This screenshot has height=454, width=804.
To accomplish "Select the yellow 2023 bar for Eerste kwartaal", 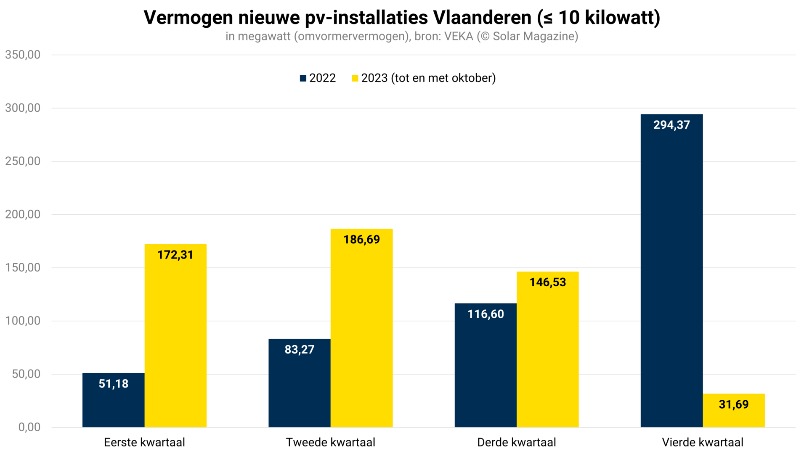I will pos(175,336).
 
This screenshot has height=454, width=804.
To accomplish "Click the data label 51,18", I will pos(114,384).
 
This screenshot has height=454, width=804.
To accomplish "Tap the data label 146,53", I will pos(548,282).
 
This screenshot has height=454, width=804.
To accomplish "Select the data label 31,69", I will pos(734,404).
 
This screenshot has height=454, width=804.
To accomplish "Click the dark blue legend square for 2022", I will pos(303,78).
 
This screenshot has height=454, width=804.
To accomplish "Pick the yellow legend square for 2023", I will pos(355,78).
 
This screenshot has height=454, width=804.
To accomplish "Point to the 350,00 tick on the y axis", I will pos(23,55).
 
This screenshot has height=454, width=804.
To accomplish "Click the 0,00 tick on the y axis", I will pos(29,427).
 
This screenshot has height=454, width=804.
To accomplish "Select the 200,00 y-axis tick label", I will pos(23,214).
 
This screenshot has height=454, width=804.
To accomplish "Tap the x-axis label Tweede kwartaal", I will pos(330,442).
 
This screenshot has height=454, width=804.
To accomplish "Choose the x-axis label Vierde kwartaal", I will pos(703,442).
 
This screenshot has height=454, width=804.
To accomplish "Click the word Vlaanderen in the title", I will pos(482,18).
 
